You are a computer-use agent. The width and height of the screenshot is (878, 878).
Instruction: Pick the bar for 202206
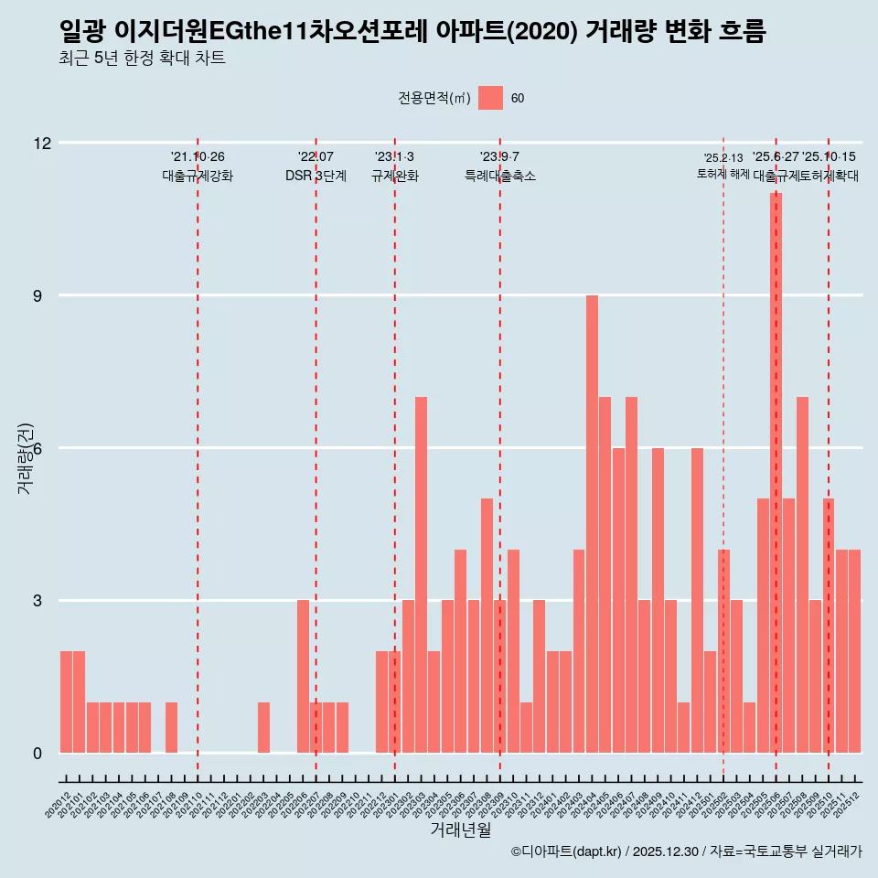point(303,676)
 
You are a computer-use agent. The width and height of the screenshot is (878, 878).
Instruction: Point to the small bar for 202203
point(263,728)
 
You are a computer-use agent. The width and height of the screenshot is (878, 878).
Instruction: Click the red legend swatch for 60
point(490,98)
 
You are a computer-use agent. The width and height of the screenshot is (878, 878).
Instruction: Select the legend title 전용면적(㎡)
point(434,99)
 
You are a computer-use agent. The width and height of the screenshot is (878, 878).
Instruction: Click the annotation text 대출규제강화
point(198,176)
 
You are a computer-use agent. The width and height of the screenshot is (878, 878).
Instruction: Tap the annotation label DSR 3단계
point(316,176)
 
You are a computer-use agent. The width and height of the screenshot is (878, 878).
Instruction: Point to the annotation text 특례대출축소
point(499,176)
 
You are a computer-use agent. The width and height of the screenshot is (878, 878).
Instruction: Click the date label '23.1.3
point(394,157)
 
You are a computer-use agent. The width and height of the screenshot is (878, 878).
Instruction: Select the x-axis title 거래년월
point(461,830)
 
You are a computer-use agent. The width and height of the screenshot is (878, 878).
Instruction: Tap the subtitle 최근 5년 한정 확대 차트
point(142,59)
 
